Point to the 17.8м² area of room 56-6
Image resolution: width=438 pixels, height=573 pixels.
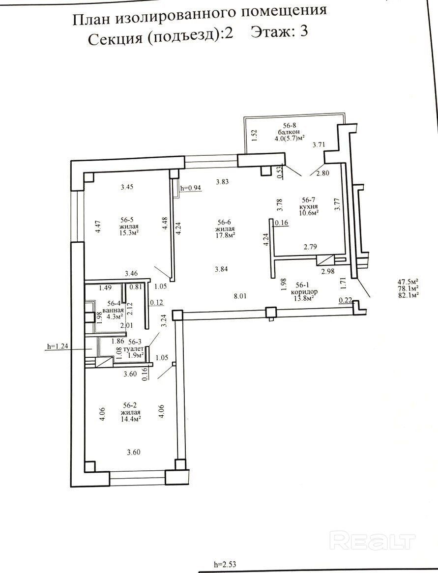pos(226,234)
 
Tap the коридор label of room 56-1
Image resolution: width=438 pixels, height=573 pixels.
pos(304,292)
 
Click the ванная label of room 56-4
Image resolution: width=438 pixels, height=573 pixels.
pos(113,311)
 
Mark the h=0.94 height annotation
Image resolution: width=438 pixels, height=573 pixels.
pos(191,188)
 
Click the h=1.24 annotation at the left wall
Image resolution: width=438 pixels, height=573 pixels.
pos(58,346)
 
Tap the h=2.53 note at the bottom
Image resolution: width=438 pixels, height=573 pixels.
pos(225,564)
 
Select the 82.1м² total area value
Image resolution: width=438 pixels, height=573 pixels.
pos(408,295)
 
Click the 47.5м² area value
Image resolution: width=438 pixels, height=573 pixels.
pos(408,282)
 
